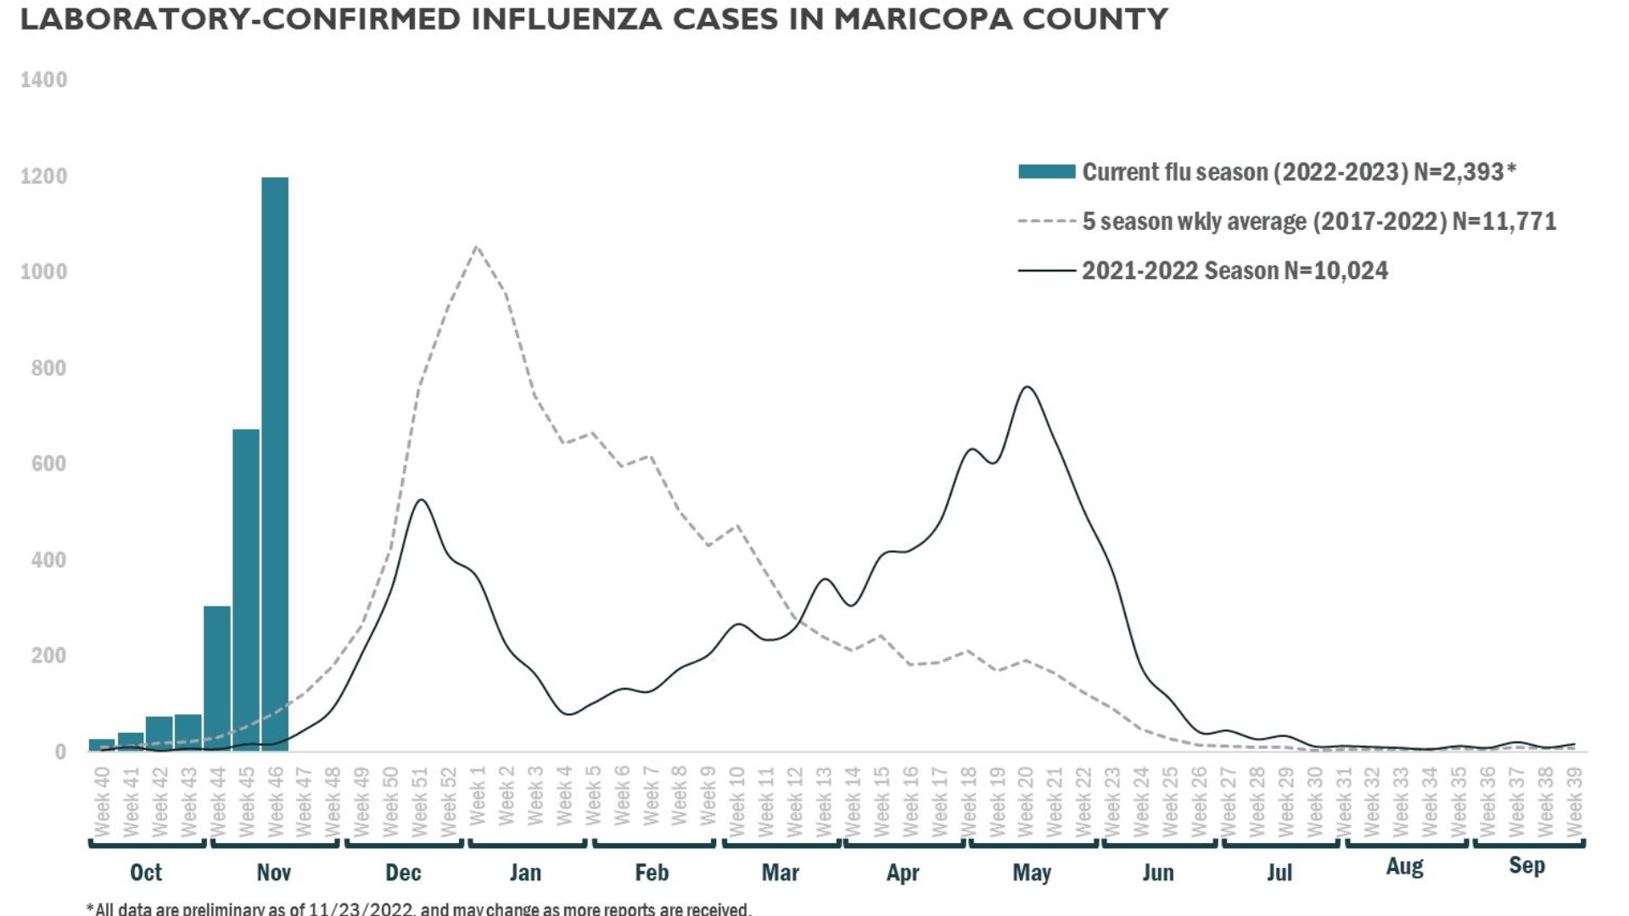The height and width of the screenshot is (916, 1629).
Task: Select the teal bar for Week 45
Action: pos(246,589)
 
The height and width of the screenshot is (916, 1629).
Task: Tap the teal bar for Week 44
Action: pos(217,679)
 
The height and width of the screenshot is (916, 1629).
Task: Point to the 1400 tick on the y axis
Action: pos(44,80)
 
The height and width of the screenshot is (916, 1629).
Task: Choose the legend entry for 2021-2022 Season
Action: pos(1234,271)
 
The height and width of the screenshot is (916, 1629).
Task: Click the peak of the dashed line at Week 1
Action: pos(477,247)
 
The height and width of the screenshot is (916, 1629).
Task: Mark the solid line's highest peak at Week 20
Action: pos(1027,387)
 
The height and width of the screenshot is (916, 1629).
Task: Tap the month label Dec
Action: pos(403,872)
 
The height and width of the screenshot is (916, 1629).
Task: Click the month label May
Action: pos(1032,872)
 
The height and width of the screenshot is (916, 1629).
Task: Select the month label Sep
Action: pos(1526,865)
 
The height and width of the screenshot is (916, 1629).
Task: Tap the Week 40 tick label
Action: pos(102,801)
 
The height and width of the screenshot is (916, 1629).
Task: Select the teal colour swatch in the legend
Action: pos(1046,172)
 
